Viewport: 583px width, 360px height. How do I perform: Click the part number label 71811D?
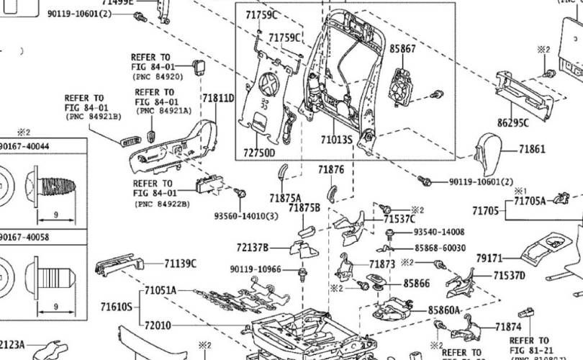coord(217,99)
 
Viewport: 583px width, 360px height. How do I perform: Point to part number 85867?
coord(402,49)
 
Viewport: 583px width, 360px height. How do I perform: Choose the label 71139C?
coord(180,264)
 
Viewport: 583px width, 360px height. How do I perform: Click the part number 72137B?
coord(252,248)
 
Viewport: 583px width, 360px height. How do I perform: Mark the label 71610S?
coord(117,307)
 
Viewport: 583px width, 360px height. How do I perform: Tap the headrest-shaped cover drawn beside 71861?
coord(492,152)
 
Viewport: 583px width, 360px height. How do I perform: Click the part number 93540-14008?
coord(438,233)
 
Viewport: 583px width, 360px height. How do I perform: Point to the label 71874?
coord(508,327)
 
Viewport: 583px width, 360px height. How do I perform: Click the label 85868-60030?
coord(438,247)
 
